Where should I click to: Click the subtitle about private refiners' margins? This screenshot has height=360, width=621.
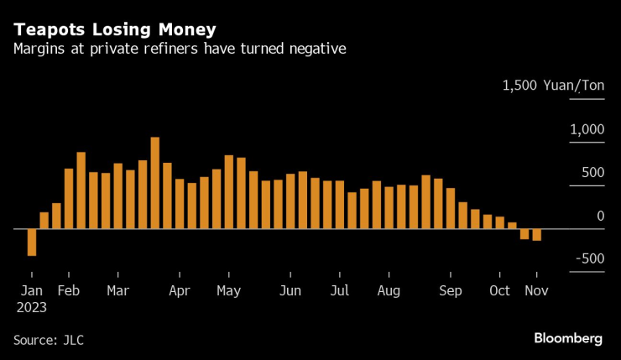pos(180,50)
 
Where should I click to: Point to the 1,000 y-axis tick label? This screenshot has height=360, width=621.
pos(587,129)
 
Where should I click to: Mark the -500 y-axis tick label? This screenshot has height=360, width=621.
pos(588,258)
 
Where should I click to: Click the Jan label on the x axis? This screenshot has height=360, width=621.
pos(32,291)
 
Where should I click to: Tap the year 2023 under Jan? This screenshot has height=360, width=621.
pos(32,307)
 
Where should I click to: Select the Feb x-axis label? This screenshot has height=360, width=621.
pos(68,291)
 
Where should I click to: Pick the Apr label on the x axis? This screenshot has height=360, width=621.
pos(179,291)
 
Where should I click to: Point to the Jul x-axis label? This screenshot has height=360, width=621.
pos(340,291)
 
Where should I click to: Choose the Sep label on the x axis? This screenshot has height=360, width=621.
pos(451,291)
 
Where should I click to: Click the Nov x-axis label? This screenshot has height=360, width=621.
pos(536,291)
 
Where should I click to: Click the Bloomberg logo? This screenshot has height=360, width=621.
pos(568,338)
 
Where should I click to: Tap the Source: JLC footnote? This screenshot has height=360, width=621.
pos(49,340)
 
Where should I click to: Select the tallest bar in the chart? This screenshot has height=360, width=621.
pos(154,182)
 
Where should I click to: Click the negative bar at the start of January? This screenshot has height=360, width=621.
pos(32,242)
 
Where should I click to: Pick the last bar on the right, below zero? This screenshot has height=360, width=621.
pos(536,234)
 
